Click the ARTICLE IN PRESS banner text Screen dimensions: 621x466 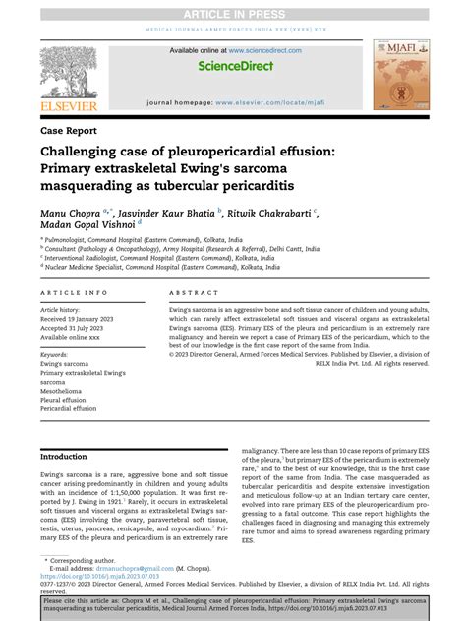[233, 13]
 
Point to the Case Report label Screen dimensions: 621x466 [68, 130]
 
